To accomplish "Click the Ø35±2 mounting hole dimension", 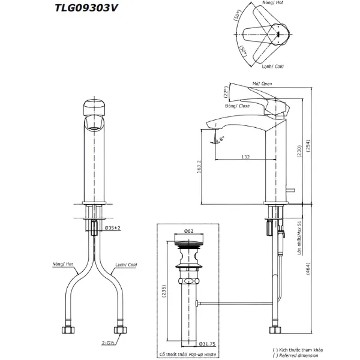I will (x=113, y=228).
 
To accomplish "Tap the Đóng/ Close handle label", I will (x=238, y=106).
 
